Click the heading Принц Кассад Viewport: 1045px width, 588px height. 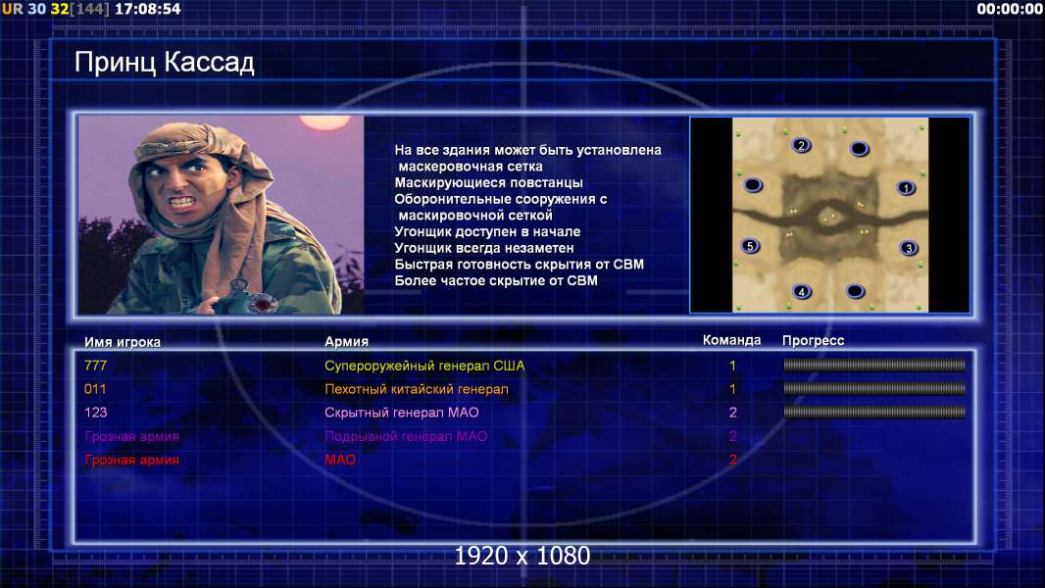pos(164,63)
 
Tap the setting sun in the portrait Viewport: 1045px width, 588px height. pos(324,122)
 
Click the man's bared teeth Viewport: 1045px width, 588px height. pos(182,201)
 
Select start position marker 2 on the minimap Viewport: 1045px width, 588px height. pos(801,145)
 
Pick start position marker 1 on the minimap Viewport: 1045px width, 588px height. pos(906,188)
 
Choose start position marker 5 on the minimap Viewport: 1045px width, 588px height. pos(751,246)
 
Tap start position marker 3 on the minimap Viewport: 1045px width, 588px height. pos(909,248)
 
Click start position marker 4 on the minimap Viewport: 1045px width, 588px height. pos(802,291)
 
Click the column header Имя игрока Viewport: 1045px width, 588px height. pos(122,342)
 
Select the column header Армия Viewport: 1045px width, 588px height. pos(346,342)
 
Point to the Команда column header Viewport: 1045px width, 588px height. pos(731,340)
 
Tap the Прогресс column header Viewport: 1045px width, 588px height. pos(813,341)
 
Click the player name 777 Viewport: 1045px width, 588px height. pos(95,366)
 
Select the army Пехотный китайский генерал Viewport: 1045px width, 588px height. pos(416,389)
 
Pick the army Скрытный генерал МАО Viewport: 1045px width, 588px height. pos(401,413)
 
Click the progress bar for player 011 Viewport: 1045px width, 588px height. pos(874,388)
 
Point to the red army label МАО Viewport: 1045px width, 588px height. pos(340,460)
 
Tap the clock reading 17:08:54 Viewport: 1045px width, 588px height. pos(148,10)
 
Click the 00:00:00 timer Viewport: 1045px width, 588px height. pos(1009,10)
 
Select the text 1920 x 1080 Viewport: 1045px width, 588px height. pos(522,556)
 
